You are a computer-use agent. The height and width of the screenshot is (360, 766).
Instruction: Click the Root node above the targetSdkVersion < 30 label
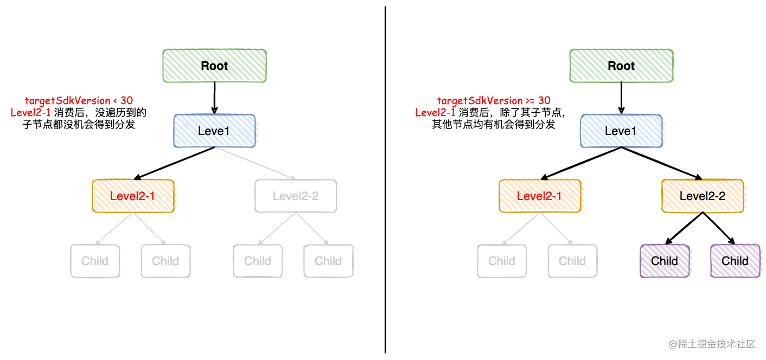(x=214, y=66)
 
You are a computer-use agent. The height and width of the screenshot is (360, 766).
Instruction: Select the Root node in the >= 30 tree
(x=621, y=66)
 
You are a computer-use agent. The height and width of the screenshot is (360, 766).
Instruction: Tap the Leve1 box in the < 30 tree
(x=214, y=131)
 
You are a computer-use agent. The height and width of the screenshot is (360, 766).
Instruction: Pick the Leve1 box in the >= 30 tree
(x=621, y=131)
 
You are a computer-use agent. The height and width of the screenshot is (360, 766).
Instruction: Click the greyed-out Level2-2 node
(x=296, y=196)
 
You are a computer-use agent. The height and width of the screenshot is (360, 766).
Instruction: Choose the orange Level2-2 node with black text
(x=703, y=196)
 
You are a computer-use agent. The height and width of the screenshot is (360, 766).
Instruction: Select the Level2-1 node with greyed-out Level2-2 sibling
(x=133, y=196)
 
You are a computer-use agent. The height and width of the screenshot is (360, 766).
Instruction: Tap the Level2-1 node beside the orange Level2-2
(x=540, y=196)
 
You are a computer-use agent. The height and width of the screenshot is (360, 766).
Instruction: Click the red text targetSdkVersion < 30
(x=79, y=100)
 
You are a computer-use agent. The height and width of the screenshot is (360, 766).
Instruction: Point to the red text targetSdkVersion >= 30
(x=494, y=100)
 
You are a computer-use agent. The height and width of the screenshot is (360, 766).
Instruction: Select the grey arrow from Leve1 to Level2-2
(x=255, y=163)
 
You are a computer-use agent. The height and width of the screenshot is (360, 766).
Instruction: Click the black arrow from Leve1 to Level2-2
(x=662, y=163)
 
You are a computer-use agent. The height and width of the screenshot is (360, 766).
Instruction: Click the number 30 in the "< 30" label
(x=126, y=100)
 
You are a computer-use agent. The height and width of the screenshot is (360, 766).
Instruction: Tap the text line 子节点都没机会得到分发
(x=79, y=125)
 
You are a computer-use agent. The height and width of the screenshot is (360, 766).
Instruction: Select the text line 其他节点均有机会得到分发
(x=493, y=125)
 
